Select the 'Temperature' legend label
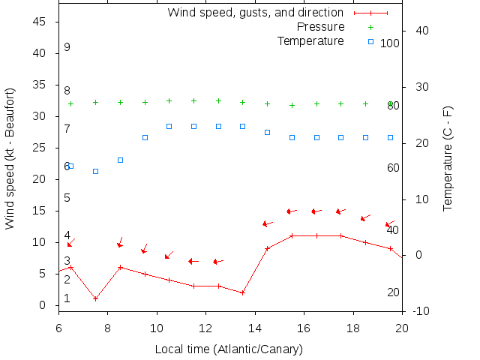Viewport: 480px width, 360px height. (310, 40)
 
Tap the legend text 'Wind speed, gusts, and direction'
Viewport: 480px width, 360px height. (255, 13)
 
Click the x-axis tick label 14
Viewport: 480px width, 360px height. (255, 327)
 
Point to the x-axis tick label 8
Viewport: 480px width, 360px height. (108, 327)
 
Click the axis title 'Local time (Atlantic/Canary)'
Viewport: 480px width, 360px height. (229, 349)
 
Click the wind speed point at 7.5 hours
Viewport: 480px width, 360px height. (95, 298)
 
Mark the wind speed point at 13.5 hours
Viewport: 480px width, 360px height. (243, 292)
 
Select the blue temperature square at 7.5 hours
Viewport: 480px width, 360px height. (95, 171)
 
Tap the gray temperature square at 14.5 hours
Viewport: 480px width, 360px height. (267, 132)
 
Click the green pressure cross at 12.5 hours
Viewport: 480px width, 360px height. (218, 100)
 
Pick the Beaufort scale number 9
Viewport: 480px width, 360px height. (67, 47)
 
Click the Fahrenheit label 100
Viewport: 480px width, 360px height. (390, 43)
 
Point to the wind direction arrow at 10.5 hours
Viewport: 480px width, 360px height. (169, 255)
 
